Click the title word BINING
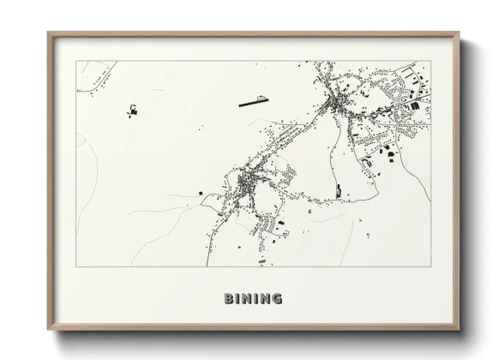(x=253, y=298)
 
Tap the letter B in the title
(x=228, y=298)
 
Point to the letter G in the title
(x=277, y=298)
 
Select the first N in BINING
(x=246, y=298)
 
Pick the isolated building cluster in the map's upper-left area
(x=133, y=111)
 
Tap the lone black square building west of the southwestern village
(x=203, y=195)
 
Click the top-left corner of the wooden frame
(x=49, y=33)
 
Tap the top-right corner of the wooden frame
(x=459, y=33)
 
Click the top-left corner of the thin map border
(x=76, y=62)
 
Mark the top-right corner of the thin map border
(x=429, y=62)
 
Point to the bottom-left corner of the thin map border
(x=76, y=266)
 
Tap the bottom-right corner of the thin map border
(x=429, y=266)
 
